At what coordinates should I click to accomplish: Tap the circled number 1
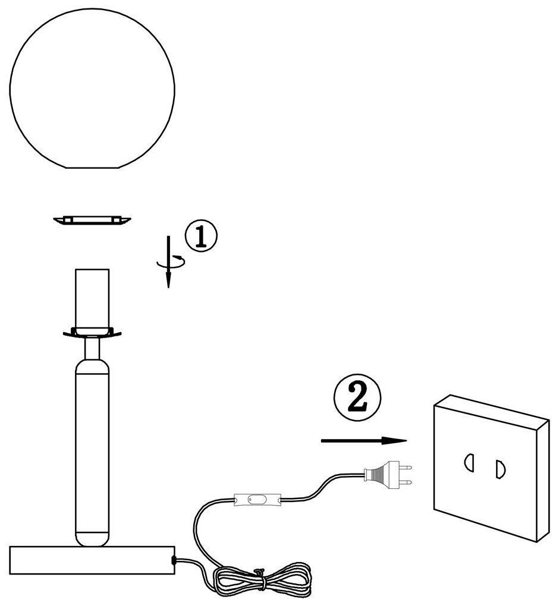click(x=201, y=236)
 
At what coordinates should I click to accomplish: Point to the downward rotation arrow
click(x=169, y=261)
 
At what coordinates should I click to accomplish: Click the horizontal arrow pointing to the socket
click(x=363, y=441)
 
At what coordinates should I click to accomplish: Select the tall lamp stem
click(x=92, y=446)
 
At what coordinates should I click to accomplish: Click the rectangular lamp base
click(x=92, y=560)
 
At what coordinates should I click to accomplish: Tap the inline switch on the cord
click(x=257, y=500)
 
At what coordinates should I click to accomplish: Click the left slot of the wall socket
click(x=468, y=462)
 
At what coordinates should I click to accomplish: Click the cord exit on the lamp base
click(x=174, y=560)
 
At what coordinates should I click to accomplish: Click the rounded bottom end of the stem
click(x=92, y=538)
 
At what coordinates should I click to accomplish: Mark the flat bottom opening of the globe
click(x=92, y=168)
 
